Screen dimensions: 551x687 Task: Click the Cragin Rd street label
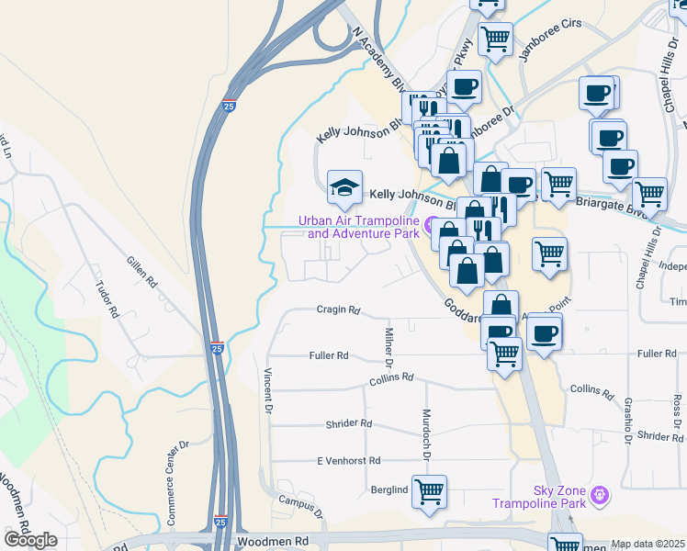338,310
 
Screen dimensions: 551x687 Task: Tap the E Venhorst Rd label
347,460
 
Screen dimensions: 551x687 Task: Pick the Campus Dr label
302,506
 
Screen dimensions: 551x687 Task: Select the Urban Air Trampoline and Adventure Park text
357,227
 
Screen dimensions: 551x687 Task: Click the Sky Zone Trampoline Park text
539,497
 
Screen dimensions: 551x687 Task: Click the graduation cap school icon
344,188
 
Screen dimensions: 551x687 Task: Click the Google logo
30,539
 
